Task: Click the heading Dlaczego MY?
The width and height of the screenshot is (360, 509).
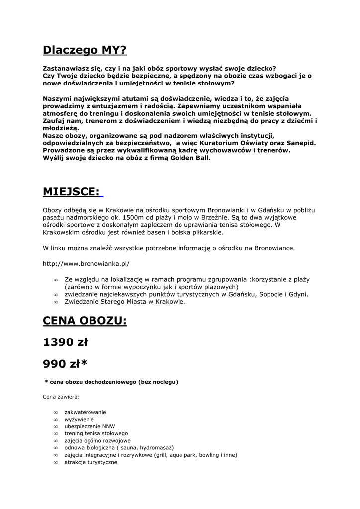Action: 85,50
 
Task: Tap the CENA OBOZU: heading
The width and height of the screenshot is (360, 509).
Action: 85,320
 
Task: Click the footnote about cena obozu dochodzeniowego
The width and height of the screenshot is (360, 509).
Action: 111,382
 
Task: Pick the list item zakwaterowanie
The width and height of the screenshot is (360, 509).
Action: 85,412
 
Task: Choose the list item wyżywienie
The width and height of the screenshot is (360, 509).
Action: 79,419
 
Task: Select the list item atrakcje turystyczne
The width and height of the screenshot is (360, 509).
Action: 90,462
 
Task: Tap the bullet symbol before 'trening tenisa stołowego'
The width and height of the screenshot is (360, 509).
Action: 56,433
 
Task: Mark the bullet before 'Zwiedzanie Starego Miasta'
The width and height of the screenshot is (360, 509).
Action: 56,302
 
